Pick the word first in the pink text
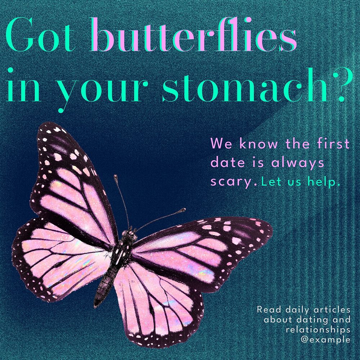tap(335, 144)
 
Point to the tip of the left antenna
tap(116, 176)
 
